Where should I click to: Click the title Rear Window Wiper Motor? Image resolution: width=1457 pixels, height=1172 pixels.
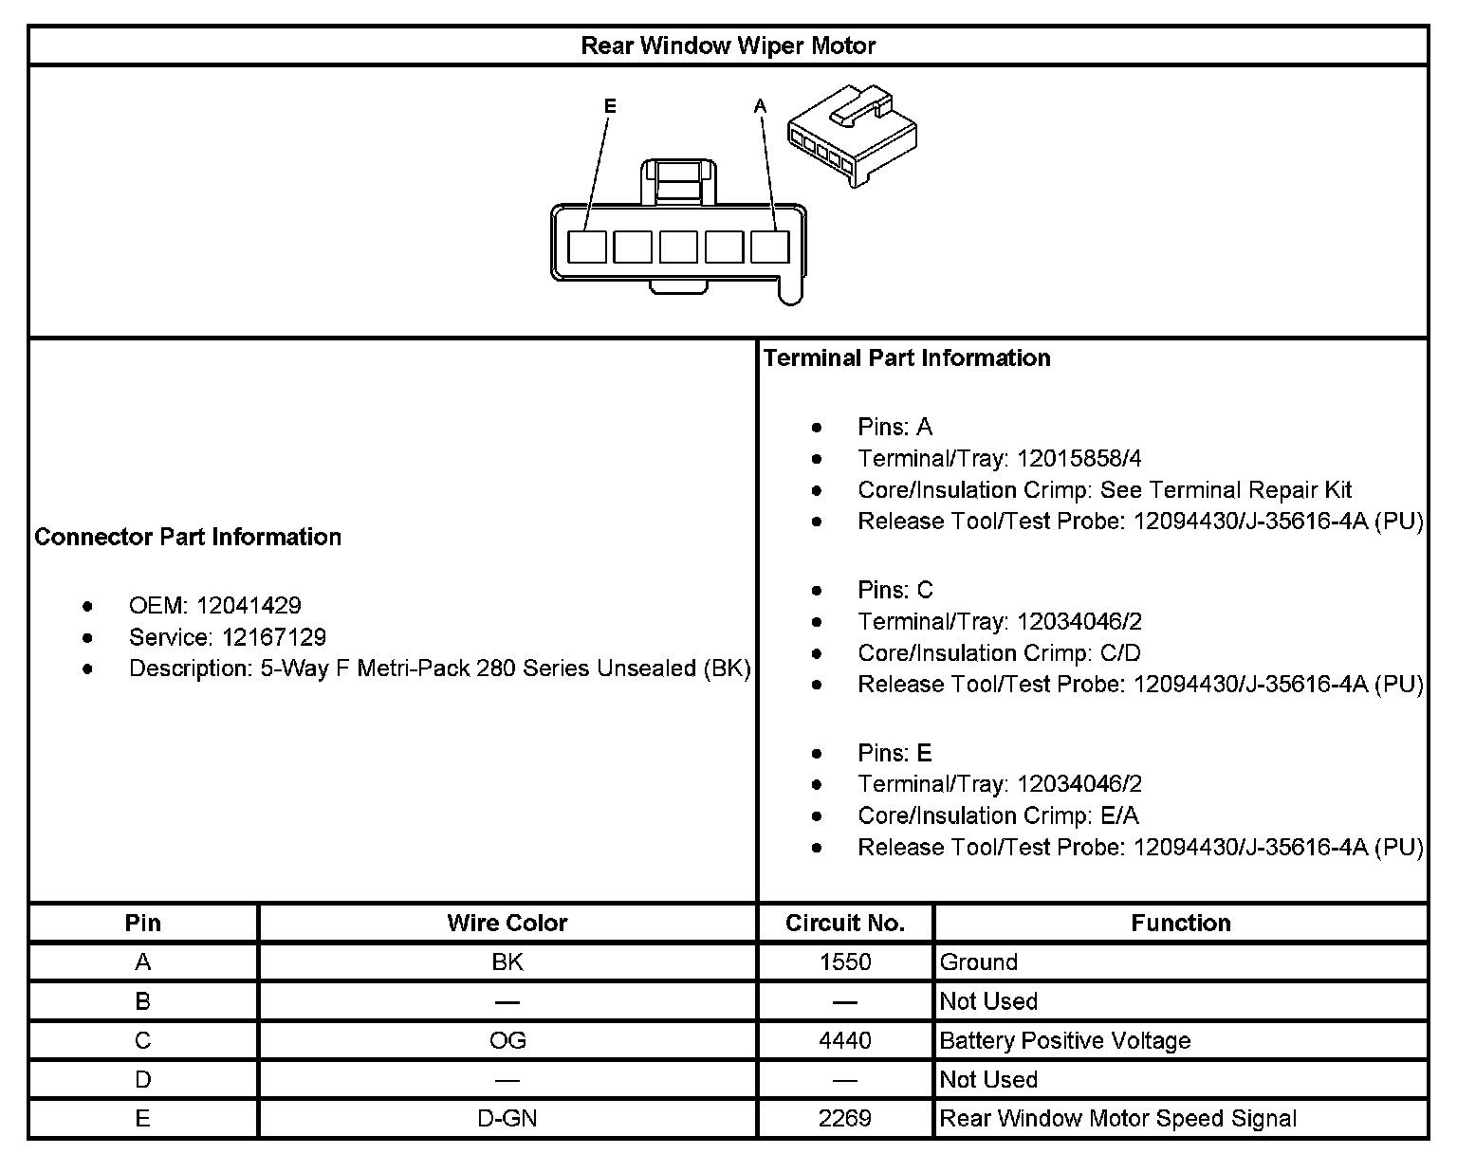[x=728, y=46]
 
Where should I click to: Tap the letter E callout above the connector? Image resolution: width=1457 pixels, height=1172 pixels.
[x=610, y=106]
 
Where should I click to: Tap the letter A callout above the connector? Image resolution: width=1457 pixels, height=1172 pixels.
[x=760, y=106]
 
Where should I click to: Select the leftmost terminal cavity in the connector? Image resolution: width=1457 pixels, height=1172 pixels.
[x=586, y=247]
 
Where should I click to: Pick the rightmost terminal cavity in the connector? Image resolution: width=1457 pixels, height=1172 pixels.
[x=769, y=247]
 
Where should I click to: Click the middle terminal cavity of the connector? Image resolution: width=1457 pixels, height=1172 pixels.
[x=678, y=247]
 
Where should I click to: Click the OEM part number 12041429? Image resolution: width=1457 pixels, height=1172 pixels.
[x=249, y=605]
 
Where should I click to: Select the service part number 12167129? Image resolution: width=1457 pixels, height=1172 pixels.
[x=274, y=636]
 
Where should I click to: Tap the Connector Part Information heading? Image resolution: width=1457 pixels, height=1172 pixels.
[x=188, y=537]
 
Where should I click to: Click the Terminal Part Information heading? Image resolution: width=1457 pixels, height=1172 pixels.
[x=907, y=357]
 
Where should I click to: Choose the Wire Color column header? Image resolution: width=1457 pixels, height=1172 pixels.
[x=507, y=923]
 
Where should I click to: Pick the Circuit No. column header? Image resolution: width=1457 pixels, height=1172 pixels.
[x=844, y=923]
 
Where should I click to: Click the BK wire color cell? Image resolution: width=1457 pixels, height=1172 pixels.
[x=507, y=962]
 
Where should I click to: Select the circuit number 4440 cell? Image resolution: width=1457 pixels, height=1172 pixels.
[x=844, y=1040]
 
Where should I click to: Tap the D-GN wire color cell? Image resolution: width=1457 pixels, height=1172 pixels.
[x=507, y=1119]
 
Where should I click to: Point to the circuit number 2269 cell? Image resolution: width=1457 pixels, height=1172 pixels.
[x=844, y=1119]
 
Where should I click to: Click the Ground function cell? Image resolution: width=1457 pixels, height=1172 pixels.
[x=978, y=962]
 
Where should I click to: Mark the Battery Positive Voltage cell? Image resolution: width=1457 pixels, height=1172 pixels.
[x=1064, y=1040]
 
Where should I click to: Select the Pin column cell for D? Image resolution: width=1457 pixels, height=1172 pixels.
[x=142, y=1080]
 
